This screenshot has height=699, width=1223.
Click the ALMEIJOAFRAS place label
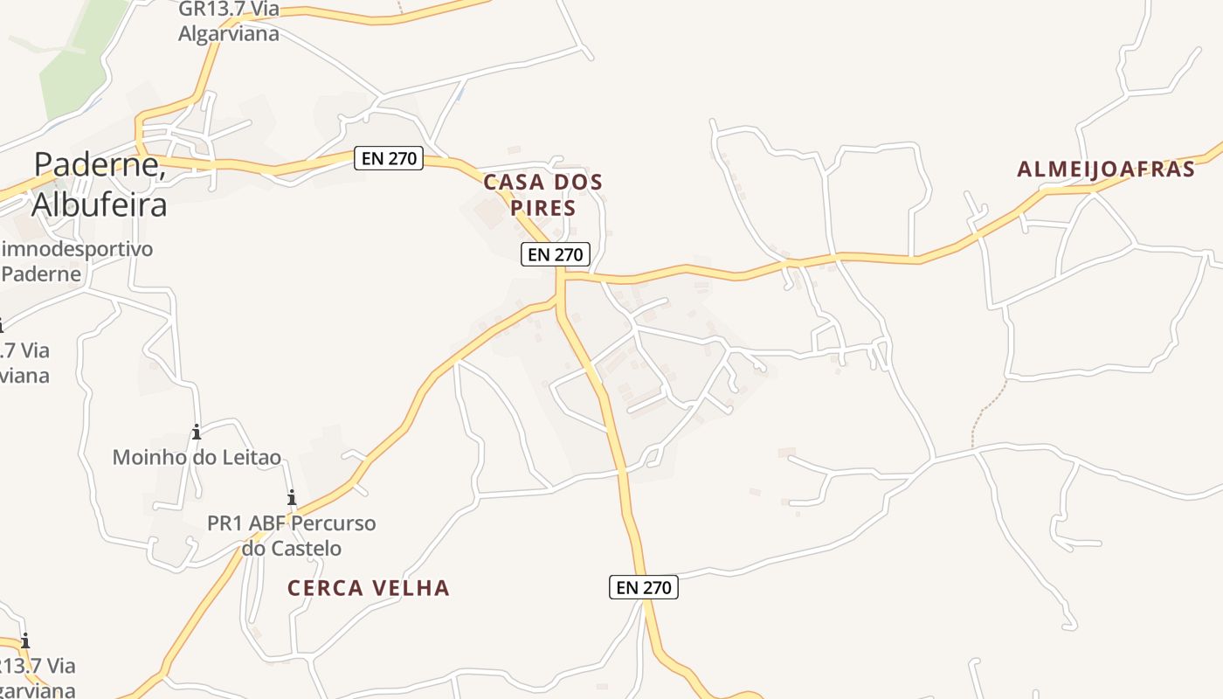[x=1105, y=170]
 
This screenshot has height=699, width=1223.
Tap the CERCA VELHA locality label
[x=368, y=588]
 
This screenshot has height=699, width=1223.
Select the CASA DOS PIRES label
[x=542, y=195]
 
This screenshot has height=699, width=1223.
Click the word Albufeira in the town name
[x=100, y=204]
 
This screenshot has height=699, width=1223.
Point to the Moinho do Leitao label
[x=197, y=457]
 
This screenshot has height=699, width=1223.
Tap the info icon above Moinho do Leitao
[x=197, y=432]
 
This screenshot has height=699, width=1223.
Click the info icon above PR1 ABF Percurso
[x=292, y=498]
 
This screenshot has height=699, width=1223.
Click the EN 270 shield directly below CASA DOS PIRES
[x=556, y=254]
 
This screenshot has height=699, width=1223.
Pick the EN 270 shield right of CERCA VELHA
[x=643, y=587]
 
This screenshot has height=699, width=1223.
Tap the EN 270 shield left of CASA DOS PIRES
[x=388, y=158]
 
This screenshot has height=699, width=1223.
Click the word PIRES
[x=542, y=208]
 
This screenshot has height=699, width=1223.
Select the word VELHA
[x=413, y=588]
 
